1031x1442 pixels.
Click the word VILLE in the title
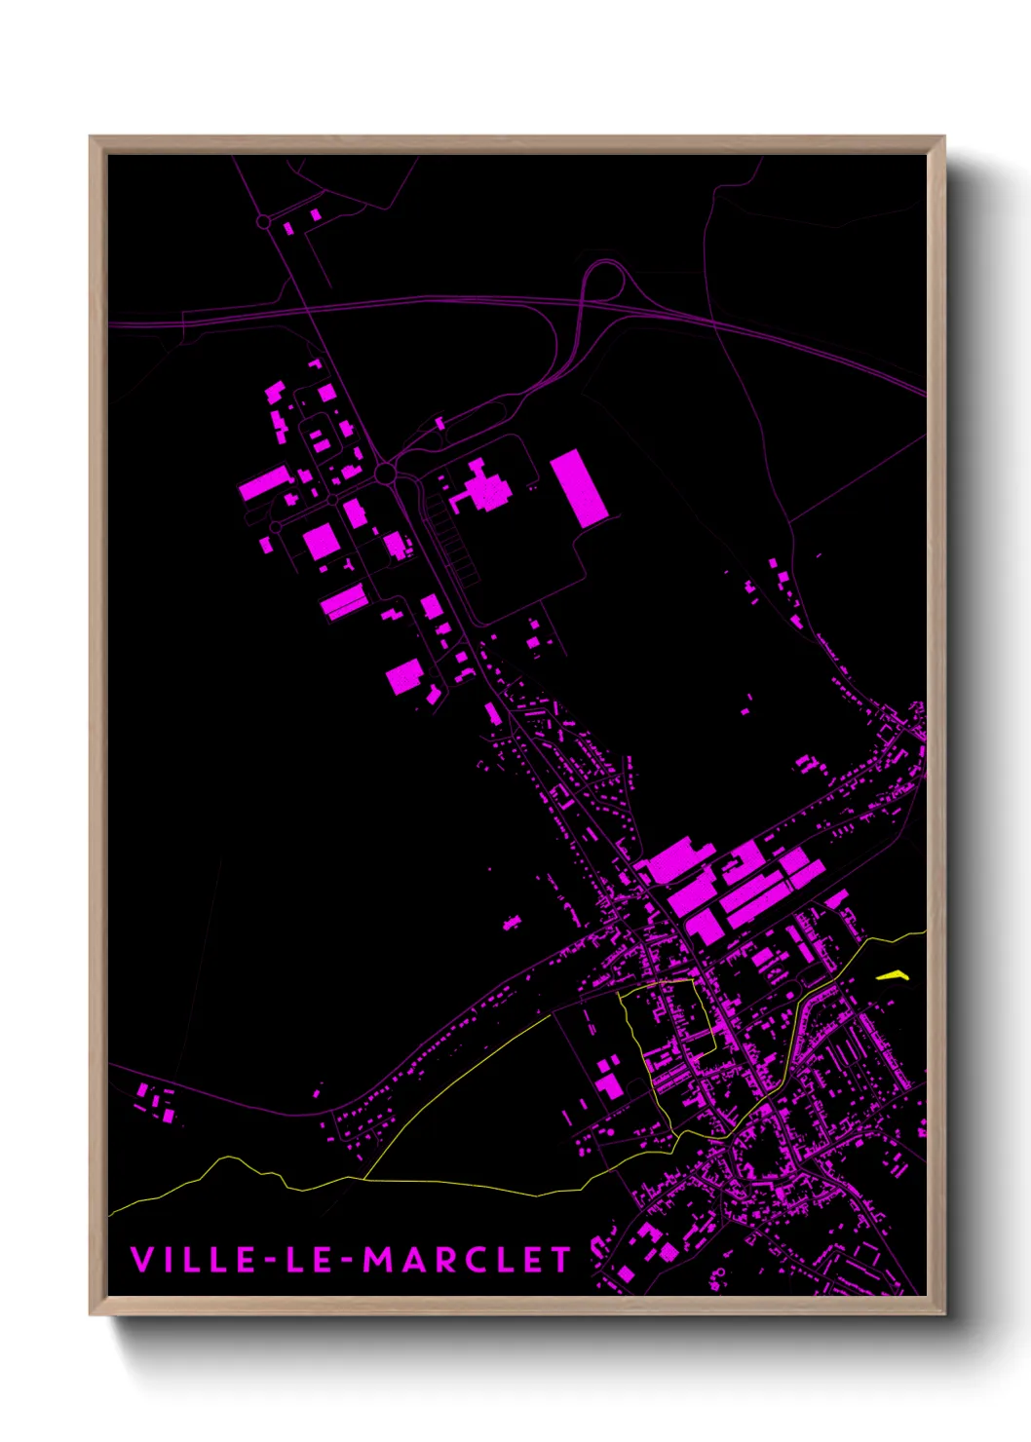click(x=192, y=1259)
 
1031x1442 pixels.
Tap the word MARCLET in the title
click(x=467, y=1260)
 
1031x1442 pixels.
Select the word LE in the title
click(x=309, y=1259)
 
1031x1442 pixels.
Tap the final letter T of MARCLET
click(x=559, y=1260)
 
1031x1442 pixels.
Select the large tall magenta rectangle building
click(x=579, y=488)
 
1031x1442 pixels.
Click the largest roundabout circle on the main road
click(x=385, y=474)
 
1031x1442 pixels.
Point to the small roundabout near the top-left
click(x=263, y=222)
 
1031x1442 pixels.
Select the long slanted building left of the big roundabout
click(x=265, y=483)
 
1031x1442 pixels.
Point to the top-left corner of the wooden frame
click(x=91, y=137)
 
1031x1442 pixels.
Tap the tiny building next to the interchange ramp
click(x=439, y=423)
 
